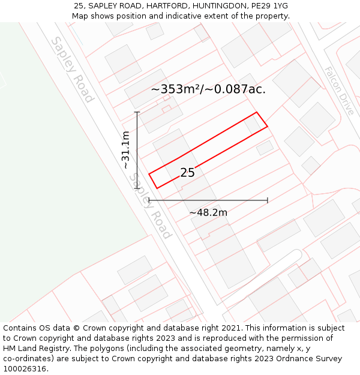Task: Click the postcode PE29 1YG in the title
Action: coord(268,5)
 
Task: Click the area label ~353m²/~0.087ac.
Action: coord(208,89)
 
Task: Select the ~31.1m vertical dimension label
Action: coord(126,149)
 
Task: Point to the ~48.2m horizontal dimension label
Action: coord(208,212)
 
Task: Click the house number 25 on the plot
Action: coord(187,172)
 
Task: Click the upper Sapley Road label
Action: coord(73,69)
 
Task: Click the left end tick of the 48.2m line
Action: coord(149,200)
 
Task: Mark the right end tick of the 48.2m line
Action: coord(267,200)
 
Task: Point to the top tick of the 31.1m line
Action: coord(137,112)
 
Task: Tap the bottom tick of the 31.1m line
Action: coord(137,188)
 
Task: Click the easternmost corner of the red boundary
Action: coord(267,126)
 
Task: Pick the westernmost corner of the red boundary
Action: coord(149,175)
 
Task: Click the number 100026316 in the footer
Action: coord(24,369)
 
